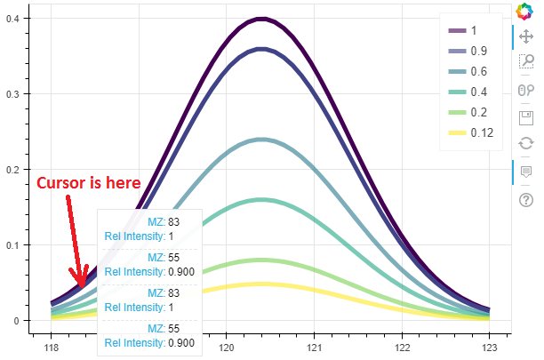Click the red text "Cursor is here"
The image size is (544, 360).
(x=88, y=182)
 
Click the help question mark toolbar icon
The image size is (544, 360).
(x=525, y=199)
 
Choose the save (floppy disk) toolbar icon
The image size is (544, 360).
(x=525, y=116)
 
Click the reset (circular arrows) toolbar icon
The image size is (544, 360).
(x=525, y=142)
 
